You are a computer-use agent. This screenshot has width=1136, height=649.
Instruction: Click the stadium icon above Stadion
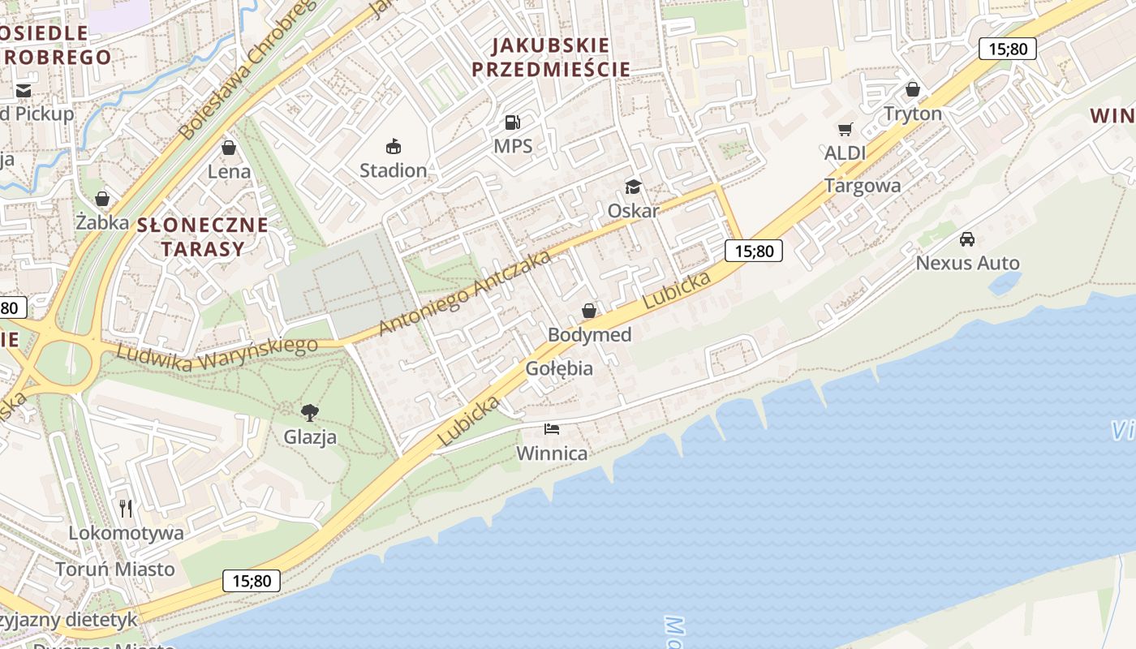click(394, 147)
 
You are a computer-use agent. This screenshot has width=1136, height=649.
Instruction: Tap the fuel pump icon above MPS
click(513, 122)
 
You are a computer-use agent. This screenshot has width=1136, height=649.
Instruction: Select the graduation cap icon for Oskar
click(633, 187)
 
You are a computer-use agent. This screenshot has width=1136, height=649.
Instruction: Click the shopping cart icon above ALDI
click(846, 129)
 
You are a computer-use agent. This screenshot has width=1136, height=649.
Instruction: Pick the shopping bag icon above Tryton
click(913, 89)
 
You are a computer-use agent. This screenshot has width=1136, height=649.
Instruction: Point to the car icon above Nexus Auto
click(967, 239)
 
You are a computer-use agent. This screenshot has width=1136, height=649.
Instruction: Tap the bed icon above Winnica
click(552, 428)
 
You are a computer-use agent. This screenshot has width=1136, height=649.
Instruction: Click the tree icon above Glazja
click(309, 412)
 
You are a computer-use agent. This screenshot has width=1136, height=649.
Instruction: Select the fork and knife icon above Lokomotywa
click(126, 509)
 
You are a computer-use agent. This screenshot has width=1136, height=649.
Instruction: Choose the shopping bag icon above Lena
click(229, 148)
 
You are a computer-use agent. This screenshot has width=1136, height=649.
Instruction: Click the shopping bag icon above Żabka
click(102, 199)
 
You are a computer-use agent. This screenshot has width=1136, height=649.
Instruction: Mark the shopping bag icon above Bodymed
click(589, 311)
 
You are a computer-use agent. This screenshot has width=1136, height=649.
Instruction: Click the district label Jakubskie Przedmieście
click(551, 57)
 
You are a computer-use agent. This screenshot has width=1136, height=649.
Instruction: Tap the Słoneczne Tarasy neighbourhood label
click(202, 237)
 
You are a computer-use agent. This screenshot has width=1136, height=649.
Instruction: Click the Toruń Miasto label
click(115, 569)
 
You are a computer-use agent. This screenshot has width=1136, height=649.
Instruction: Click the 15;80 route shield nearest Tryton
click(1007, 49)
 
